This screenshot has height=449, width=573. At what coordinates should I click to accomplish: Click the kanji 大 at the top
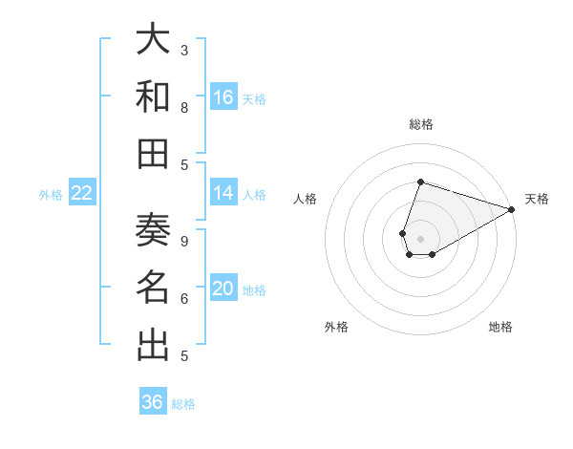click(x=153, y=39)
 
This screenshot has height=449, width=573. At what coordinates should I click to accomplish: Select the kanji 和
click(x=153, y=96)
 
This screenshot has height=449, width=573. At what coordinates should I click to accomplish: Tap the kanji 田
click(x=153, y=154)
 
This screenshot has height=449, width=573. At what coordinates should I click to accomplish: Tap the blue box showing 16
click(x=223, y=97)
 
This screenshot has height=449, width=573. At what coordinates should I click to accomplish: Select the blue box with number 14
click(x=223, y=193)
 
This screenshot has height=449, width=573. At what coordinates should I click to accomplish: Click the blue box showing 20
click(x=223, y=289)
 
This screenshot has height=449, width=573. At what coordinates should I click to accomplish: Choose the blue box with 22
click(x=82, y=193)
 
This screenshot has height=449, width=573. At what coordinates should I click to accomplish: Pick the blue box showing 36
click(x=153, y=402)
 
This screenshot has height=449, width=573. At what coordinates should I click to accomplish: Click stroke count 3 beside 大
click(x=184, y=50)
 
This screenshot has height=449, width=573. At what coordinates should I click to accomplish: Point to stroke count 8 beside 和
click(x=184, y=107)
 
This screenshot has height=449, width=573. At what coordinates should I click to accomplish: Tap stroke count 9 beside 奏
click(x=184, y=242)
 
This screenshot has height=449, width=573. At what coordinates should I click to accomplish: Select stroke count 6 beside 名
click(x=184, y=299)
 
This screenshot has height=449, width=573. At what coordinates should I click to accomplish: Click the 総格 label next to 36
click(x=184, y=404)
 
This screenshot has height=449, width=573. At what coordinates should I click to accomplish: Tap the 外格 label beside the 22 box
click(x=51, y=195)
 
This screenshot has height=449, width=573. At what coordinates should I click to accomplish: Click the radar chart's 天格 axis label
click(x=537, y=199)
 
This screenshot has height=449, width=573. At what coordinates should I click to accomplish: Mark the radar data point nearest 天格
click(x=513, y=209)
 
